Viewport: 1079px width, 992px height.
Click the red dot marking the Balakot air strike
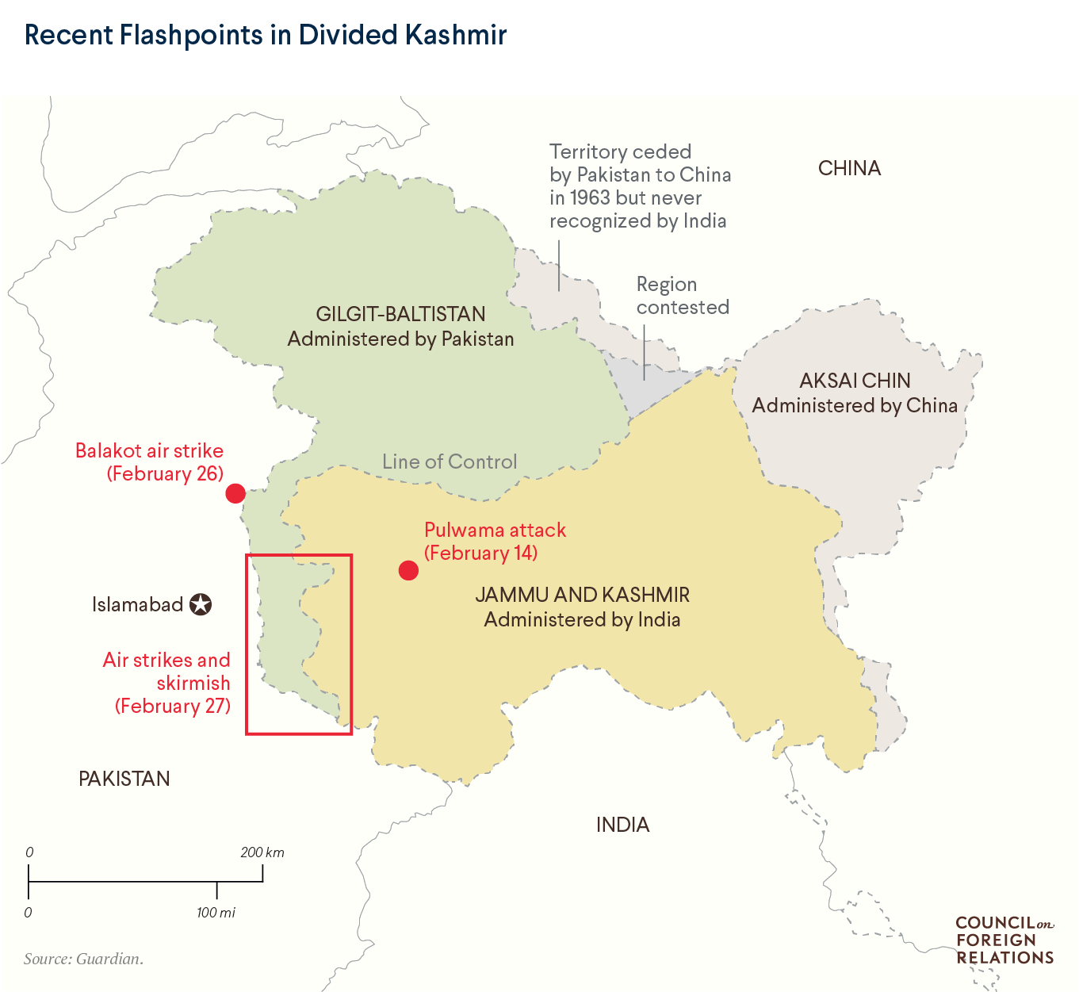point(235,493)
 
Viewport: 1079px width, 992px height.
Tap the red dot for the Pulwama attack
point(408,570)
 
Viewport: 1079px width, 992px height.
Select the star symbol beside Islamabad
point(201,605)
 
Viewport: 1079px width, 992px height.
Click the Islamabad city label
point(137,605)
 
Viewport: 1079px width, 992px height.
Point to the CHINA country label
point(849,168)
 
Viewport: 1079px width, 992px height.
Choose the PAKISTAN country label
point(124,779)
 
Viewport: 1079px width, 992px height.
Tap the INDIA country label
point(622,825)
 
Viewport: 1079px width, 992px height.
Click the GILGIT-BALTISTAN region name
point(400,314)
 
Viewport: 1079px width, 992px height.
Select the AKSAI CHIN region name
point(855,381)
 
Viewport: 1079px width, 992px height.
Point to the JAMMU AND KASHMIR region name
point(582,595)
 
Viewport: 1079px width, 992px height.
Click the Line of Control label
point(450,462)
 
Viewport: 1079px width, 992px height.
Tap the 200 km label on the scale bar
point(262,852)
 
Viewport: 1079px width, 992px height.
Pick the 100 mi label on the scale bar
point(216,913)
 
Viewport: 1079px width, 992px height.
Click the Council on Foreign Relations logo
point(1004,940)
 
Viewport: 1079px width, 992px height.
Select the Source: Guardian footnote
point(83,959)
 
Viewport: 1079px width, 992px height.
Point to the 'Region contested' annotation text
point(682,296)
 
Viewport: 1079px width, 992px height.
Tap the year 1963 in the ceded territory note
point(588,197)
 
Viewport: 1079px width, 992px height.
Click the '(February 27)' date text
point(173,706)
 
